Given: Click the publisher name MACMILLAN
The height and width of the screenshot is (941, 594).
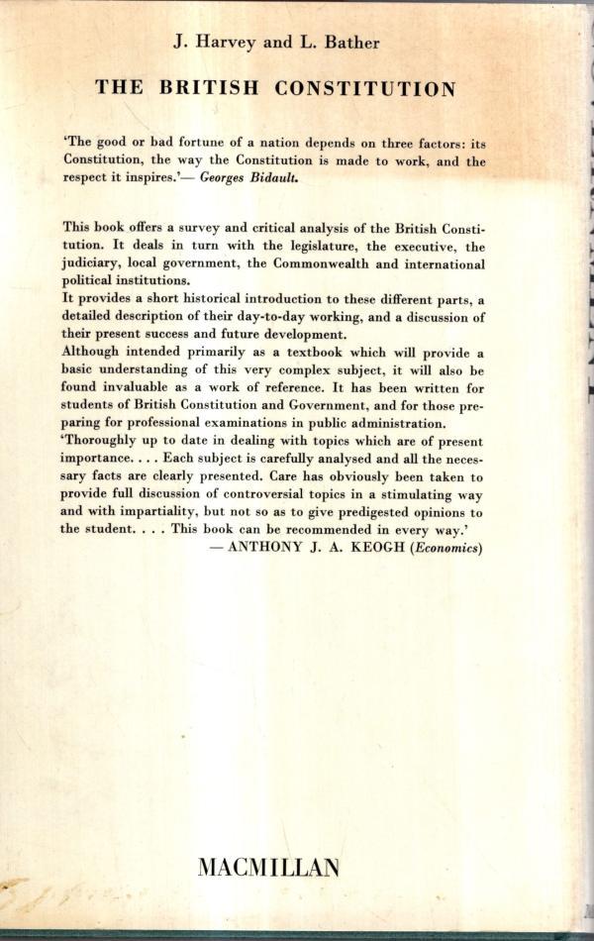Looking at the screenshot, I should click(x=268, y=868).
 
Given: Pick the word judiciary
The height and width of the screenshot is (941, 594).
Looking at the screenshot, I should click(x=95, y=264).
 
